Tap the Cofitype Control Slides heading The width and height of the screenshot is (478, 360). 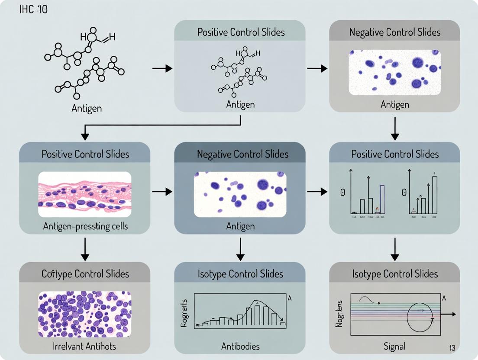(85, 274)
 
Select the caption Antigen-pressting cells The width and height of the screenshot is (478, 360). (85, 226)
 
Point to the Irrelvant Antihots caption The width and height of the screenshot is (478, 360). (85, 346)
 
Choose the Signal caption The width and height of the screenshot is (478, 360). (394, 346)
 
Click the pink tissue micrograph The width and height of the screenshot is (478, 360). (85, 194)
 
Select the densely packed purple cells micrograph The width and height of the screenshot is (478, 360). (85, 314)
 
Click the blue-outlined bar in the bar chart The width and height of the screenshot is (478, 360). (382, 199)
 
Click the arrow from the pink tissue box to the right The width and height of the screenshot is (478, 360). (162, 191)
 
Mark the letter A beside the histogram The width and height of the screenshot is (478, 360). (289, 298)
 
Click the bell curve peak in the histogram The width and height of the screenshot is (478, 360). (257, 303)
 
